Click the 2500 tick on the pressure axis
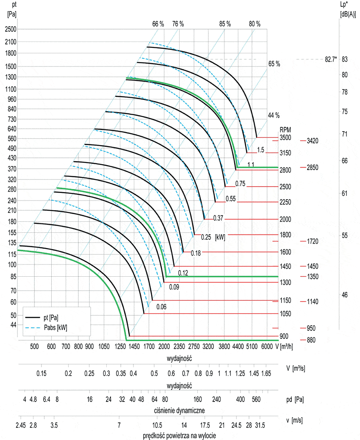pos(10,29)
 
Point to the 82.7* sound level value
pos(330,60)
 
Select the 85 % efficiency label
pos(225,24)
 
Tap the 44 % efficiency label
pos(274,115)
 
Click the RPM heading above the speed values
pos(285,130)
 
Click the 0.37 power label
pos(218,218)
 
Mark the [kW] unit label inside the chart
pos(220,237)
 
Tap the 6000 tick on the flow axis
pos(267,346)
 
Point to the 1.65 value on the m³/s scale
pos(266,374)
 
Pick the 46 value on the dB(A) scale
pos(344,294)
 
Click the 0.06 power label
pos(161,307)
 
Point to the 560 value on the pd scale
pos(256,399)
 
